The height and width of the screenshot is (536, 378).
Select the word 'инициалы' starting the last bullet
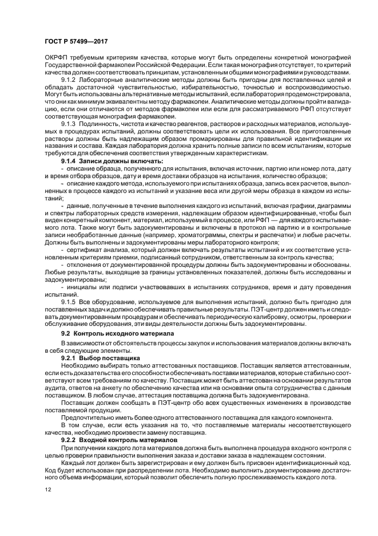pos(81,285)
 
